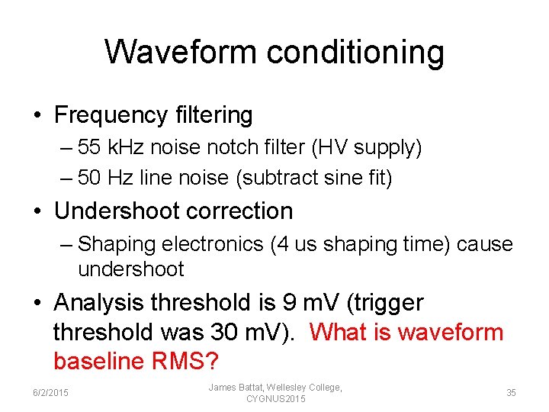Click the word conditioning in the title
click(x=355, y=52)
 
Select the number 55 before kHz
click(x=90, y=147)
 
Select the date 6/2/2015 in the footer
click(x=50, y=393)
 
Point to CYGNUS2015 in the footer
click(x=276, y=399)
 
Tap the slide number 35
click(x=510, y=393)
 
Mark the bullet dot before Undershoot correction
click(x=37, y=211)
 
